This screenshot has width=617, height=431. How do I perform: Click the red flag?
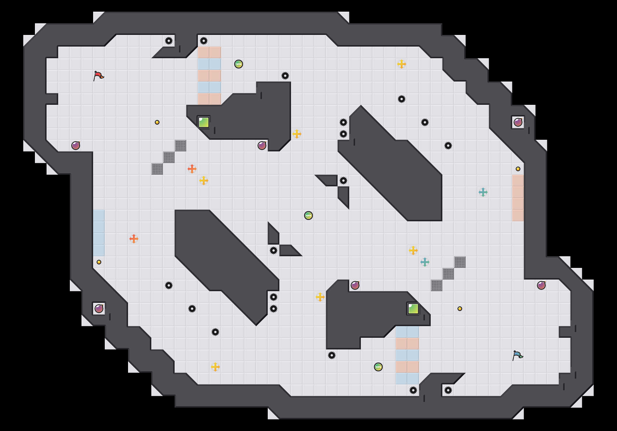pos(98,76)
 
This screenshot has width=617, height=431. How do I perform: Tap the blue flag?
pos(517,355)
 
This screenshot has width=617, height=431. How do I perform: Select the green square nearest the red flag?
pos(204,122)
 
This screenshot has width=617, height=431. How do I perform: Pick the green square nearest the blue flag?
pos(413,309)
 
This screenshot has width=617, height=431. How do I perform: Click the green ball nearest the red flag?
pos(239,64)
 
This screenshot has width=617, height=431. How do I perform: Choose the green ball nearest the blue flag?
pos(378,367)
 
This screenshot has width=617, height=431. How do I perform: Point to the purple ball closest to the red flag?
pos(76,146)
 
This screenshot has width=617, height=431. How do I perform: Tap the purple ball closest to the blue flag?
pos(541,285)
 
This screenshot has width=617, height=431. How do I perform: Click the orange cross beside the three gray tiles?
pos(192,169)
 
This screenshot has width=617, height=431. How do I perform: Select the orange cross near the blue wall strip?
pos(134,239)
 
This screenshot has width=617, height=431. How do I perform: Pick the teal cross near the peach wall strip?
pos(483,192)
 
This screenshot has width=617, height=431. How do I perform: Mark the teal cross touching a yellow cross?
pos(425,262)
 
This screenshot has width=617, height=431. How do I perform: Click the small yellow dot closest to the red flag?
pos(157,122)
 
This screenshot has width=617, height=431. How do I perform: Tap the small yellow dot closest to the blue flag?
pos(460,309)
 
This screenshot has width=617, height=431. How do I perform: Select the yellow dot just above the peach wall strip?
pos(518,169)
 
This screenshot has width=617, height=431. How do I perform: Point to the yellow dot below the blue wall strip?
pos(99,262)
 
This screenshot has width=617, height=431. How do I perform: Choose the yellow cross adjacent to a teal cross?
pos(413,250)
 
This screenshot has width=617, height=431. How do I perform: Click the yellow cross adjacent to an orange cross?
pos(204,181)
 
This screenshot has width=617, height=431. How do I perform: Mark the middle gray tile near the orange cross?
pos(169,157)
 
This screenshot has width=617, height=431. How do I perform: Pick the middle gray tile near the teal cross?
pos(448,274)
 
